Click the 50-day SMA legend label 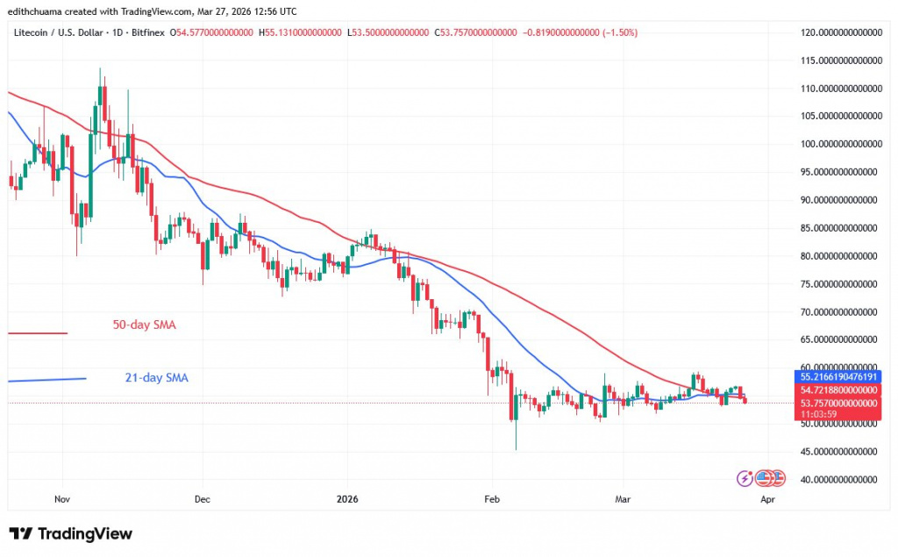(144, 325)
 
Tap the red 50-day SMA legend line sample (37, 333)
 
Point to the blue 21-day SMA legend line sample (46, 379)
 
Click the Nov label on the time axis (61, 499)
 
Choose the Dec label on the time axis (202, 499)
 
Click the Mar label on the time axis (623, 499)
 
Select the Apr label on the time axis (767, 499)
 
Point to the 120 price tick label (840, 32)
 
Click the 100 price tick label (840, 144)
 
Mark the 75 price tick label (840, 284)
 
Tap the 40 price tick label (840, 480)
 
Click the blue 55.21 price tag (840, 375)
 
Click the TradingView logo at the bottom (71, 533)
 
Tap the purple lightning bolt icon (745, 478)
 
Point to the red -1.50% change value (619, 32)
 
